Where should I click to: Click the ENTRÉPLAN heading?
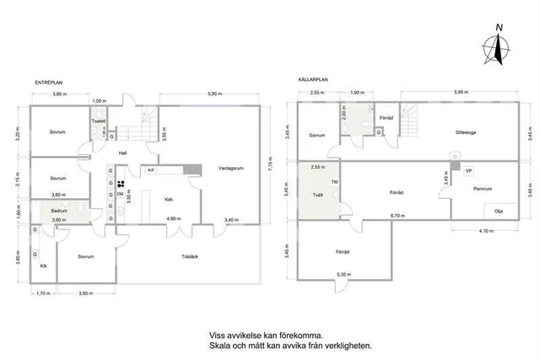pos(47,82)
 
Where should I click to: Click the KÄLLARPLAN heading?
pos(313,80)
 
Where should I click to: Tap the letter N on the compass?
pos(499,28)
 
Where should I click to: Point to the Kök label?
pos(169,199)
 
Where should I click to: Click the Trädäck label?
pos(192,256)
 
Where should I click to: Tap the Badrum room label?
pos(58,211)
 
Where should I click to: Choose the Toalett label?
pos(98,121)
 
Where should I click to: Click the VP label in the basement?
pos(467,170)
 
